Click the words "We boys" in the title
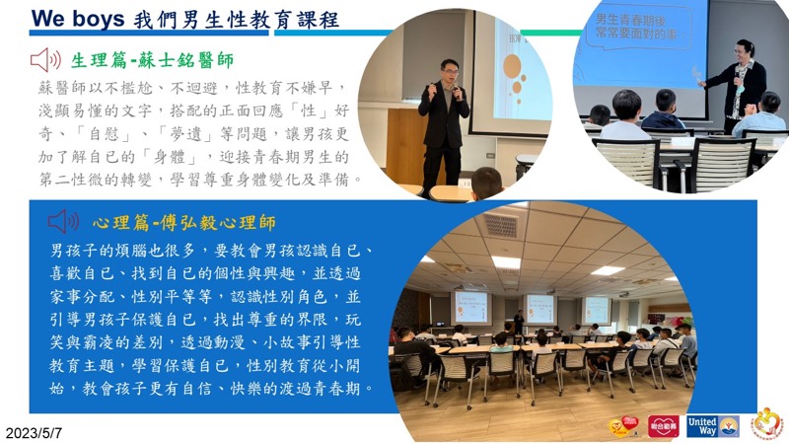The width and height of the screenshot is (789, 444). (x=78, y=19)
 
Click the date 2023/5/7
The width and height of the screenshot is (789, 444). (x=34, y=433)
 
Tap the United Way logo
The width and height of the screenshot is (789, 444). (x=712, y=426)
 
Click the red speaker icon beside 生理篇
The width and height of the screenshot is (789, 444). (x=45, y=60)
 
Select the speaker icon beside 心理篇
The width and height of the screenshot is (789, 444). (x=63, y=221)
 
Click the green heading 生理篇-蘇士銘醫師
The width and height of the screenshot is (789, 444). (x=152, y=60)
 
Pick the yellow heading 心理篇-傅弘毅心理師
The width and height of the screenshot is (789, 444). (x=184, y=223)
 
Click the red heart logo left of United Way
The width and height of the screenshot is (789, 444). (x=663, y=426)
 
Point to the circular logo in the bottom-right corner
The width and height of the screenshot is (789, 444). (x=767, y=424)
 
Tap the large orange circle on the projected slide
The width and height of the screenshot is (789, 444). (x=512, y=66)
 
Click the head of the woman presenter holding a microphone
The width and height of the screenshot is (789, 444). (x=745, y=51)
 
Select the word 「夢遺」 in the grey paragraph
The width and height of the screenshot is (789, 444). (x=190, y=134)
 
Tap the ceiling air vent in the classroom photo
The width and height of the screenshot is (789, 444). (x=500, y=225)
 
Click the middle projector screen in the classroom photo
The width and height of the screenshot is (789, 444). (x=539, y=309)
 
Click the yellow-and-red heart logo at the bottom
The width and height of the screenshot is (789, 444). (x=624, y=426)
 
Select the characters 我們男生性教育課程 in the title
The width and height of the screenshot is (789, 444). (x=237, y=20)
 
